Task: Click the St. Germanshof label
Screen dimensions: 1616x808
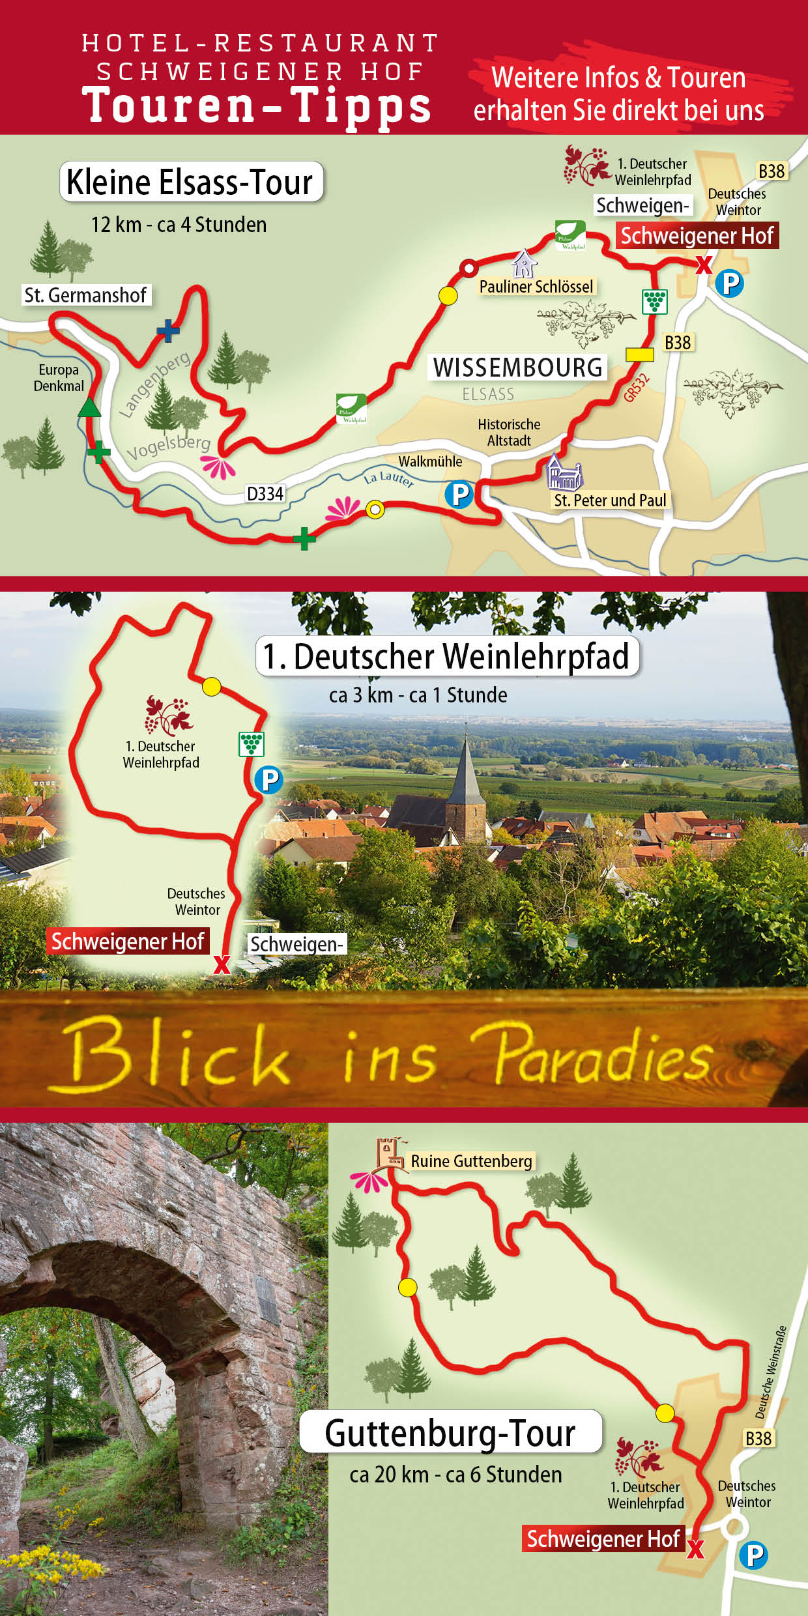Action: [85, 295]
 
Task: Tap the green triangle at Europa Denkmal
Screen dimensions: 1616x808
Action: [89, 409]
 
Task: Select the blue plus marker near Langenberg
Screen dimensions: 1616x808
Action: [168, 330]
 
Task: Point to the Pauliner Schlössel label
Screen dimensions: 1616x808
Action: [536, 287]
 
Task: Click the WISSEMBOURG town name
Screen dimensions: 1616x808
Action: [518, 368]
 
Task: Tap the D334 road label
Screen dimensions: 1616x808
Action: [265, 494]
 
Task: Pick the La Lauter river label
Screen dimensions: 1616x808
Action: [389, 479]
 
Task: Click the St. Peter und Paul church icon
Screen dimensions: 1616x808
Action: [564, 472]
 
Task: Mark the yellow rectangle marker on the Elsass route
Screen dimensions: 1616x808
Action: [639, 354]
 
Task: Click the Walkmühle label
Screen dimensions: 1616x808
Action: [430, 461]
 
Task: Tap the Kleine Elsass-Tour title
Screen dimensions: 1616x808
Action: [190, 182]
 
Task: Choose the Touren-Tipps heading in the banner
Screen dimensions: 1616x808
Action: [257, 106]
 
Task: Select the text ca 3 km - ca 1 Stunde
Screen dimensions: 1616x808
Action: [418, 695]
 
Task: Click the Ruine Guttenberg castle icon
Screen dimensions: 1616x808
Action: [388, 1154]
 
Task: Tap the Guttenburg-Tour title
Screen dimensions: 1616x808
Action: [450, 1434]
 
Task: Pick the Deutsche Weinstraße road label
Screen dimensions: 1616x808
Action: [771, 1372]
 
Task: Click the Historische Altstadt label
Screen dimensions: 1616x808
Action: [509, 433]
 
